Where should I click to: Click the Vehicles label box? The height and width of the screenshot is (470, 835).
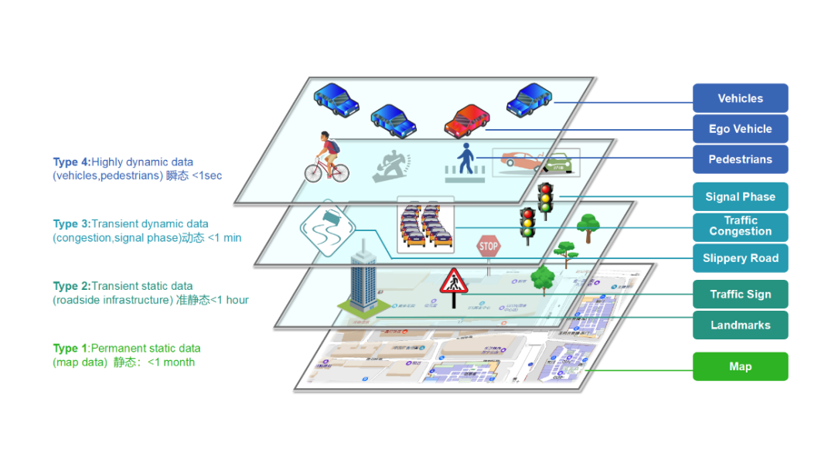740,98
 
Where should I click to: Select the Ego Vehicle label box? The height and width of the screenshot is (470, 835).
740,129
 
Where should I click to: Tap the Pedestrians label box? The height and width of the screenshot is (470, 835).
740,159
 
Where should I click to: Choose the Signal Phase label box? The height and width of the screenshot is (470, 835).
740,197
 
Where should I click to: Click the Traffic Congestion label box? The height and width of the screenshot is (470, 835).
740,226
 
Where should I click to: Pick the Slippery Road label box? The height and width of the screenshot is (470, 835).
740,258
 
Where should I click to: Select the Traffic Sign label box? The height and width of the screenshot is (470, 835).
740,295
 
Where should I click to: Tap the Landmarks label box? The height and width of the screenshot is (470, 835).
740,325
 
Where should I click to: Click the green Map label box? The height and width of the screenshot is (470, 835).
740,366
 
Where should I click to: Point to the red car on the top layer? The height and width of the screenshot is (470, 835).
467,119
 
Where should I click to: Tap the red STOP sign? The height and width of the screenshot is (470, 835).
489,247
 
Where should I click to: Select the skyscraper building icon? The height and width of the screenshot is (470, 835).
360,283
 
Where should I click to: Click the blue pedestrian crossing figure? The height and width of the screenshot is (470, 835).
464,162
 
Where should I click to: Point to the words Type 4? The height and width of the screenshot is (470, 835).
71,162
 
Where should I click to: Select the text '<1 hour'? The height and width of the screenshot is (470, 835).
230,300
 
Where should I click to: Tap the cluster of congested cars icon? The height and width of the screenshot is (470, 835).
424,225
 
